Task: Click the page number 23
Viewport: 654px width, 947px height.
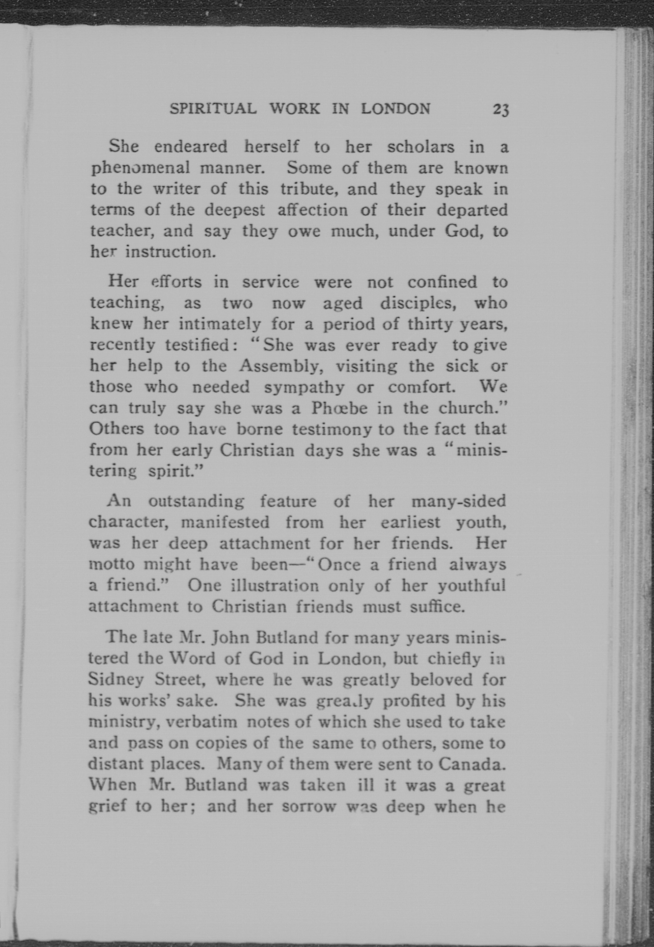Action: click(x=501, y=110)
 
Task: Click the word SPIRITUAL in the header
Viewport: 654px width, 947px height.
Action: click(x=213, y=109)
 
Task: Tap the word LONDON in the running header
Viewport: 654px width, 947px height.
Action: click(x=396, y=109)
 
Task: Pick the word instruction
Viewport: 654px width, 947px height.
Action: click(x=170, y=252)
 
